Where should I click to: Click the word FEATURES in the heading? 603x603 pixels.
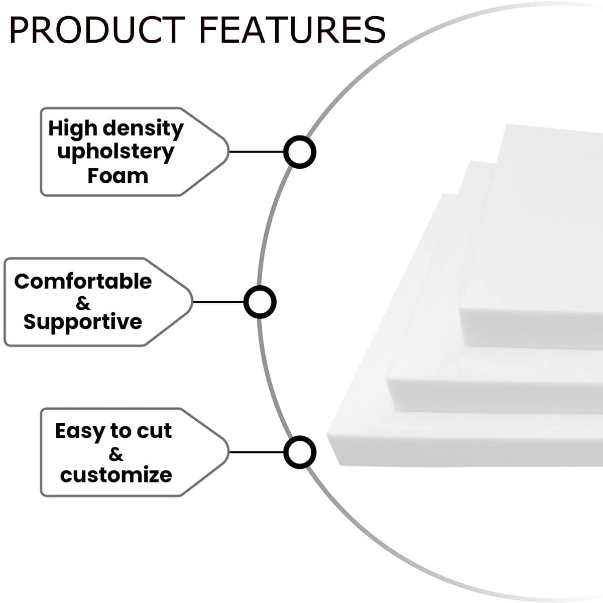pos(292,30)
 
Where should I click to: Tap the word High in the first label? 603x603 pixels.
pos(73,129)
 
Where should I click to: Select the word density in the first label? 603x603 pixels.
pos(143,129)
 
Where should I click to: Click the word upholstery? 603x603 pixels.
pos(115,153)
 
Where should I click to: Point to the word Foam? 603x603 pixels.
pos(117,176)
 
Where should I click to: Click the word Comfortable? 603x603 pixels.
pos(83,281)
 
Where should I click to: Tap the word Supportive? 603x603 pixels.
pos(83,322)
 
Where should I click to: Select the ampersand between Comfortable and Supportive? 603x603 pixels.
pos(83,303)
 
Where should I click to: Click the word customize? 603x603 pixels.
pos(116,475)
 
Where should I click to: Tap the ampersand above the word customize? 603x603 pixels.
pos(116,454)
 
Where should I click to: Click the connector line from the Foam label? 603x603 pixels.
pos(257,152)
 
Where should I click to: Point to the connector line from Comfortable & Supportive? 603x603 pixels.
pos(218,302)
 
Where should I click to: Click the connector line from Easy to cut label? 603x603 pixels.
pos(257,452)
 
